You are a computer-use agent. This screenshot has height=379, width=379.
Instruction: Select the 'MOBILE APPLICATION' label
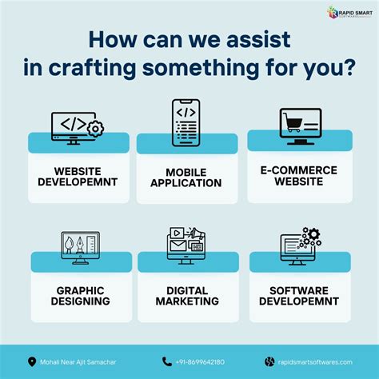tap(189, 178)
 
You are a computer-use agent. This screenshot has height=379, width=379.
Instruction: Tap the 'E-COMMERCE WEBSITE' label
tap(298, 175)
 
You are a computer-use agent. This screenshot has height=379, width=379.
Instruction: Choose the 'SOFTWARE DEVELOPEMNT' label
tap(300, 295)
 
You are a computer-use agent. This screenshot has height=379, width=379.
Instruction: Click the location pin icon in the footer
tap(32, 361)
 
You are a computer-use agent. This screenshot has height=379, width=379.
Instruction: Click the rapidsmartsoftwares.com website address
tap(320, 361)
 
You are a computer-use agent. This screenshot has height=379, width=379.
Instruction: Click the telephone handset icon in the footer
tap(167, 361)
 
